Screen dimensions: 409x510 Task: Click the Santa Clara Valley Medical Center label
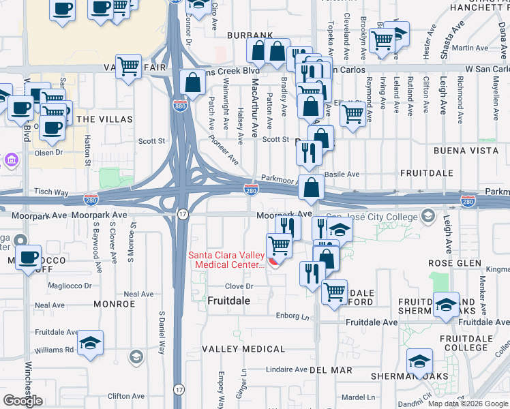point(227,260)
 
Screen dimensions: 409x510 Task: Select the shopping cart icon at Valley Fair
point(127,66)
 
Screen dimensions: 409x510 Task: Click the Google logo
point(22,400)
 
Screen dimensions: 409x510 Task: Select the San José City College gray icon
point(428,217)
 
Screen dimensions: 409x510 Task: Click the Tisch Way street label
point(52,193)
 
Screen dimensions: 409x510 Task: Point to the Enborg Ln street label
point(292,316)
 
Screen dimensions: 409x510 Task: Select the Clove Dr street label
point(239,287)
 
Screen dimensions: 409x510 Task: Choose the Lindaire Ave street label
point(287,369)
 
